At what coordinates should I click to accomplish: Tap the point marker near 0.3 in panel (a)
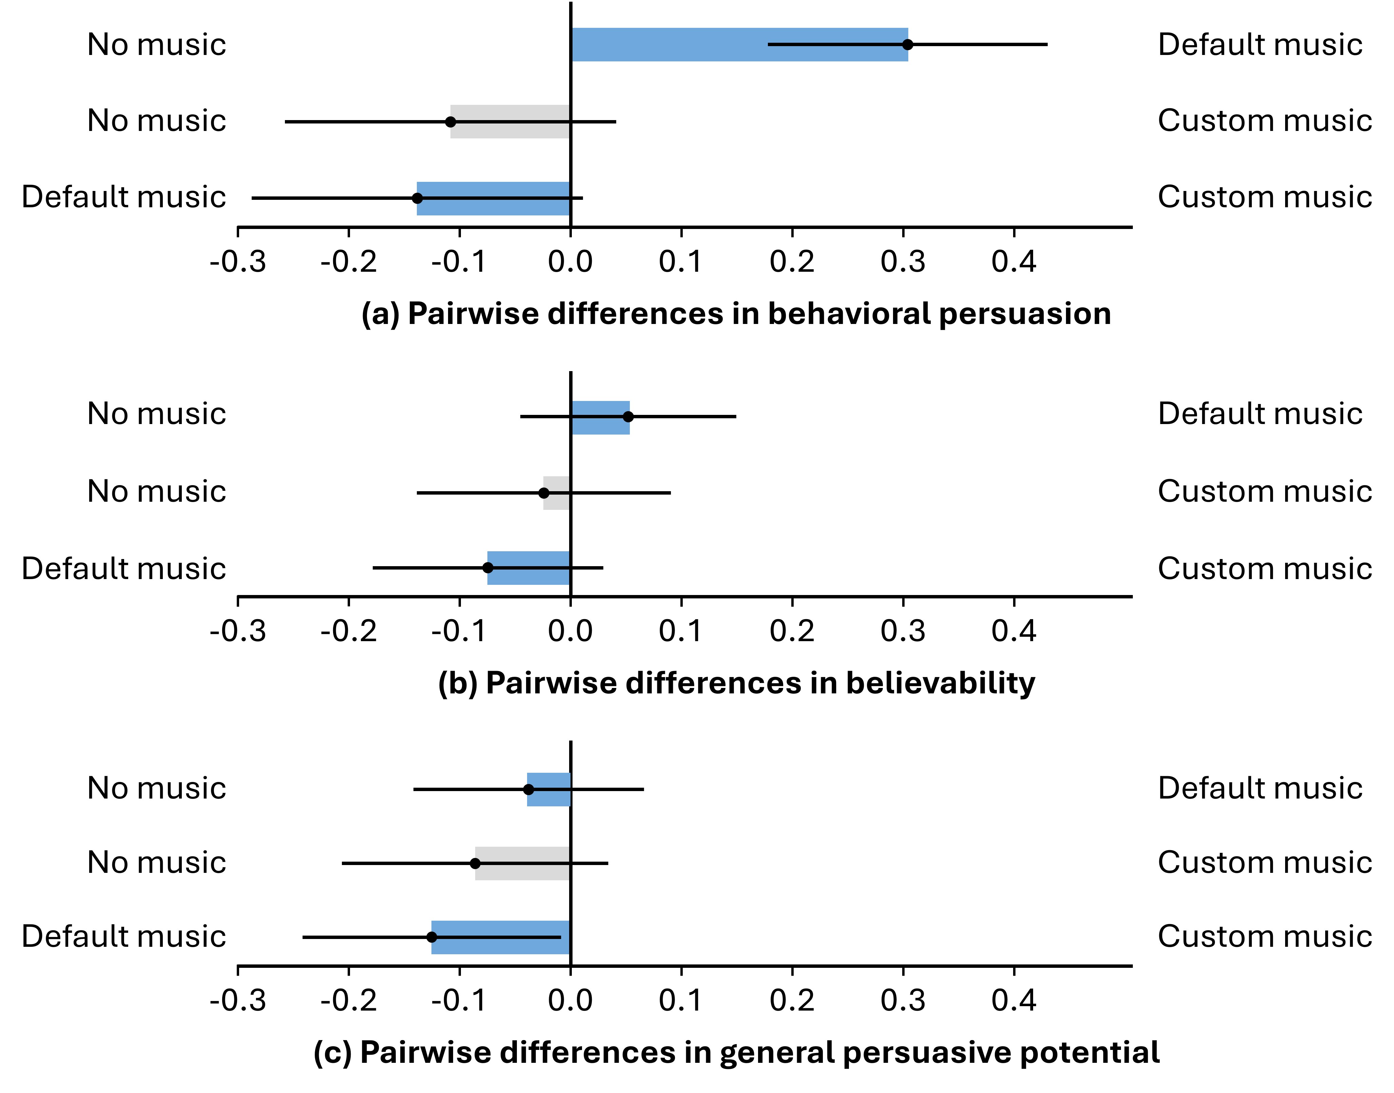907,45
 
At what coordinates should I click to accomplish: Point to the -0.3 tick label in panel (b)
238,632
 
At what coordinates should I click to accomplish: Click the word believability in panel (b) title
941,684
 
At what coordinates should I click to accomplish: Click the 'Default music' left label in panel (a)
123,197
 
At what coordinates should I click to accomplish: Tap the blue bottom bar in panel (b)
528,568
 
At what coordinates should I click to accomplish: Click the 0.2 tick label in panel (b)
792,632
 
